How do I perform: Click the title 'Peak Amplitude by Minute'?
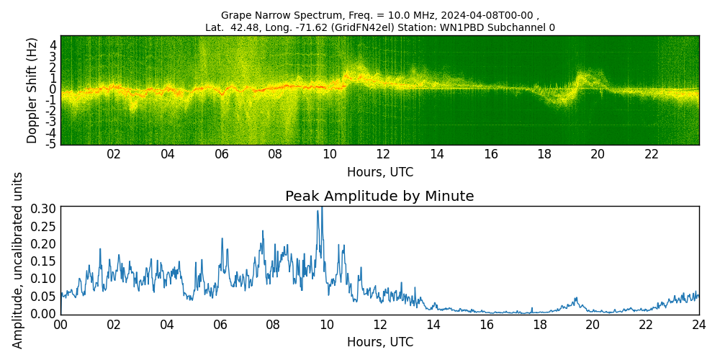pos(379,197)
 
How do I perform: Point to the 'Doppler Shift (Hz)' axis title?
pos(32,90)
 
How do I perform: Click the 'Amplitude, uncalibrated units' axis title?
pos(18,260)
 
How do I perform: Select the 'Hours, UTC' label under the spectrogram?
pos(379,172)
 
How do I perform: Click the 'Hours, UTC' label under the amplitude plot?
pos(379,342)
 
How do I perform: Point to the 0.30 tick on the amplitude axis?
pos(42,209)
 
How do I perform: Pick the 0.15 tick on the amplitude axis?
pos(42,261)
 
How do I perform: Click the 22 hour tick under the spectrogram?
pos(651,154)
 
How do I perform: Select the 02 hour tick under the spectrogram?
pos(114,154)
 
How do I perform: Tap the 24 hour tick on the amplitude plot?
pos(698,324)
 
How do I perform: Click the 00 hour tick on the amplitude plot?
pos(60,324)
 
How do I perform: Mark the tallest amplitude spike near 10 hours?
pos(321,209)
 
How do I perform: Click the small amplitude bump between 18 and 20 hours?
pos(576,298)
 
